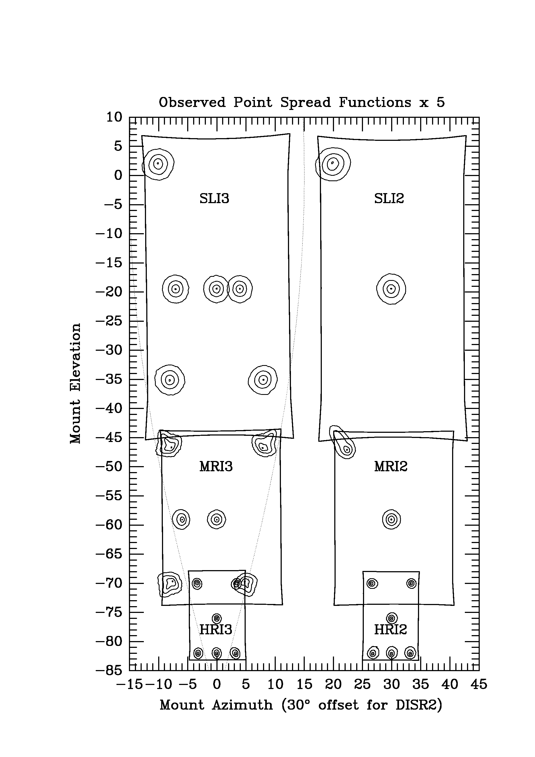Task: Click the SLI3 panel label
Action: point(214,199)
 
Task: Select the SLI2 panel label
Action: point(389,199)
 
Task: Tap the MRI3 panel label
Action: point(216,467)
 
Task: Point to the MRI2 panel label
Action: point(391,467)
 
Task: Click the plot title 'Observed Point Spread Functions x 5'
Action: point(302,103)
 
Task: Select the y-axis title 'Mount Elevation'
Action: point(76,383)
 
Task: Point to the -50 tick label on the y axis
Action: point(109,467)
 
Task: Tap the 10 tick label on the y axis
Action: point(114,117)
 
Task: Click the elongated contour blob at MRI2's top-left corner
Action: point(342,442)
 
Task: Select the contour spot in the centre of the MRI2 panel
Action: point(391,520)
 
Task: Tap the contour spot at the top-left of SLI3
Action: point(158,164)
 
